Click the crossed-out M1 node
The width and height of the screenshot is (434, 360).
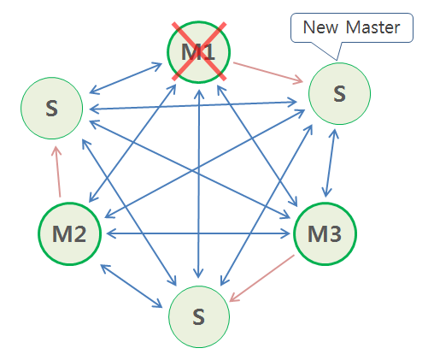pyautogui.click(x=198, y=52)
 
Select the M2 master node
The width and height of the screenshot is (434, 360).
pyautogui.click(x=70, y=232)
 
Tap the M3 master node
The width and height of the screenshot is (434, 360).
pyautogui.click(x=325, y=232)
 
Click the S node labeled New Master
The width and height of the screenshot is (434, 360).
pyautogui.click(x=339, y=93)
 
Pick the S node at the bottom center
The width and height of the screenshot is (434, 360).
pyautogui.click(x=199, y=315)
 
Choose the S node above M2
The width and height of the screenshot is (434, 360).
pyautogui.click(x=52, y=108)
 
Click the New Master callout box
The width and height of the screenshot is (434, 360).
pyautogui.click(x=350, y=28)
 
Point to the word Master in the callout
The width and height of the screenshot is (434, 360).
pyautogui.click(x=372, y=28)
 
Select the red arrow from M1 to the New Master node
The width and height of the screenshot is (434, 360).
pyautogui.click(x=267, y=72)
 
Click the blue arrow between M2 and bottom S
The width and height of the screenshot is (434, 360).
pyautogui.click(x=132, y=286)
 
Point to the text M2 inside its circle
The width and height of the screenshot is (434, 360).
pyautogui.click(x=70, y=233)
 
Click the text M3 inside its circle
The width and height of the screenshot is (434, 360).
pyautogui.click(x=325, y=233)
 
